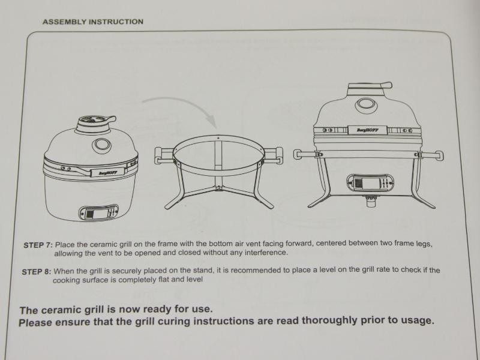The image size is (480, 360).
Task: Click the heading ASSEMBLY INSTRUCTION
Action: (93, 22)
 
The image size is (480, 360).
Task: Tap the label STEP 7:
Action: (38, 245)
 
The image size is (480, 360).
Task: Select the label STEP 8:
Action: (37, 272)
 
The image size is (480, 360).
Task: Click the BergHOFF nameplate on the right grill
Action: (367, 130)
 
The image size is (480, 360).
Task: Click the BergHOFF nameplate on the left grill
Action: (107, 172)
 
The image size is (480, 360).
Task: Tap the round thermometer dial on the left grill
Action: (101, 145)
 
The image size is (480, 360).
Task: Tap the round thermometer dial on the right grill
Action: (366, 105)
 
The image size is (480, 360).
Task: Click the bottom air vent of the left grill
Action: (98, 213)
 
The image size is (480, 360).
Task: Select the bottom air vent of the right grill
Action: (370, 183)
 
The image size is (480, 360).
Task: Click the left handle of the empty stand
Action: (164, 155)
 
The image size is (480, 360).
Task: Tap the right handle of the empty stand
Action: (274, 155)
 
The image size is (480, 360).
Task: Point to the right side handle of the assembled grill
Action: (430, 155)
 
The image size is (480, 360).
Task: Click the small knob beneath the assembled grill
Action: (370, 202)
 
